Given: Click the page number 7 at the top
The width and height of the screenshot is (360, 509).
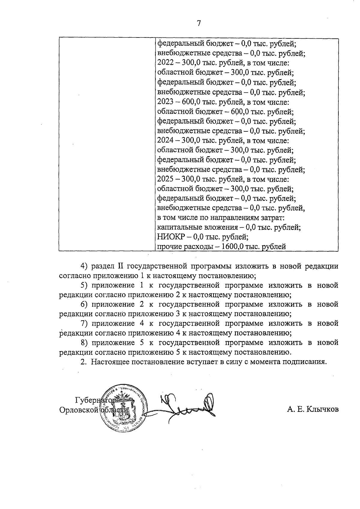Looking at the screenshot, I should click(x=199, y=23).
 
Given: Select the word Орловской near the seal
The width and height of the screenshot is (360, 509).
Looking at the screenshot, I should click(x=79, y=410).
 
